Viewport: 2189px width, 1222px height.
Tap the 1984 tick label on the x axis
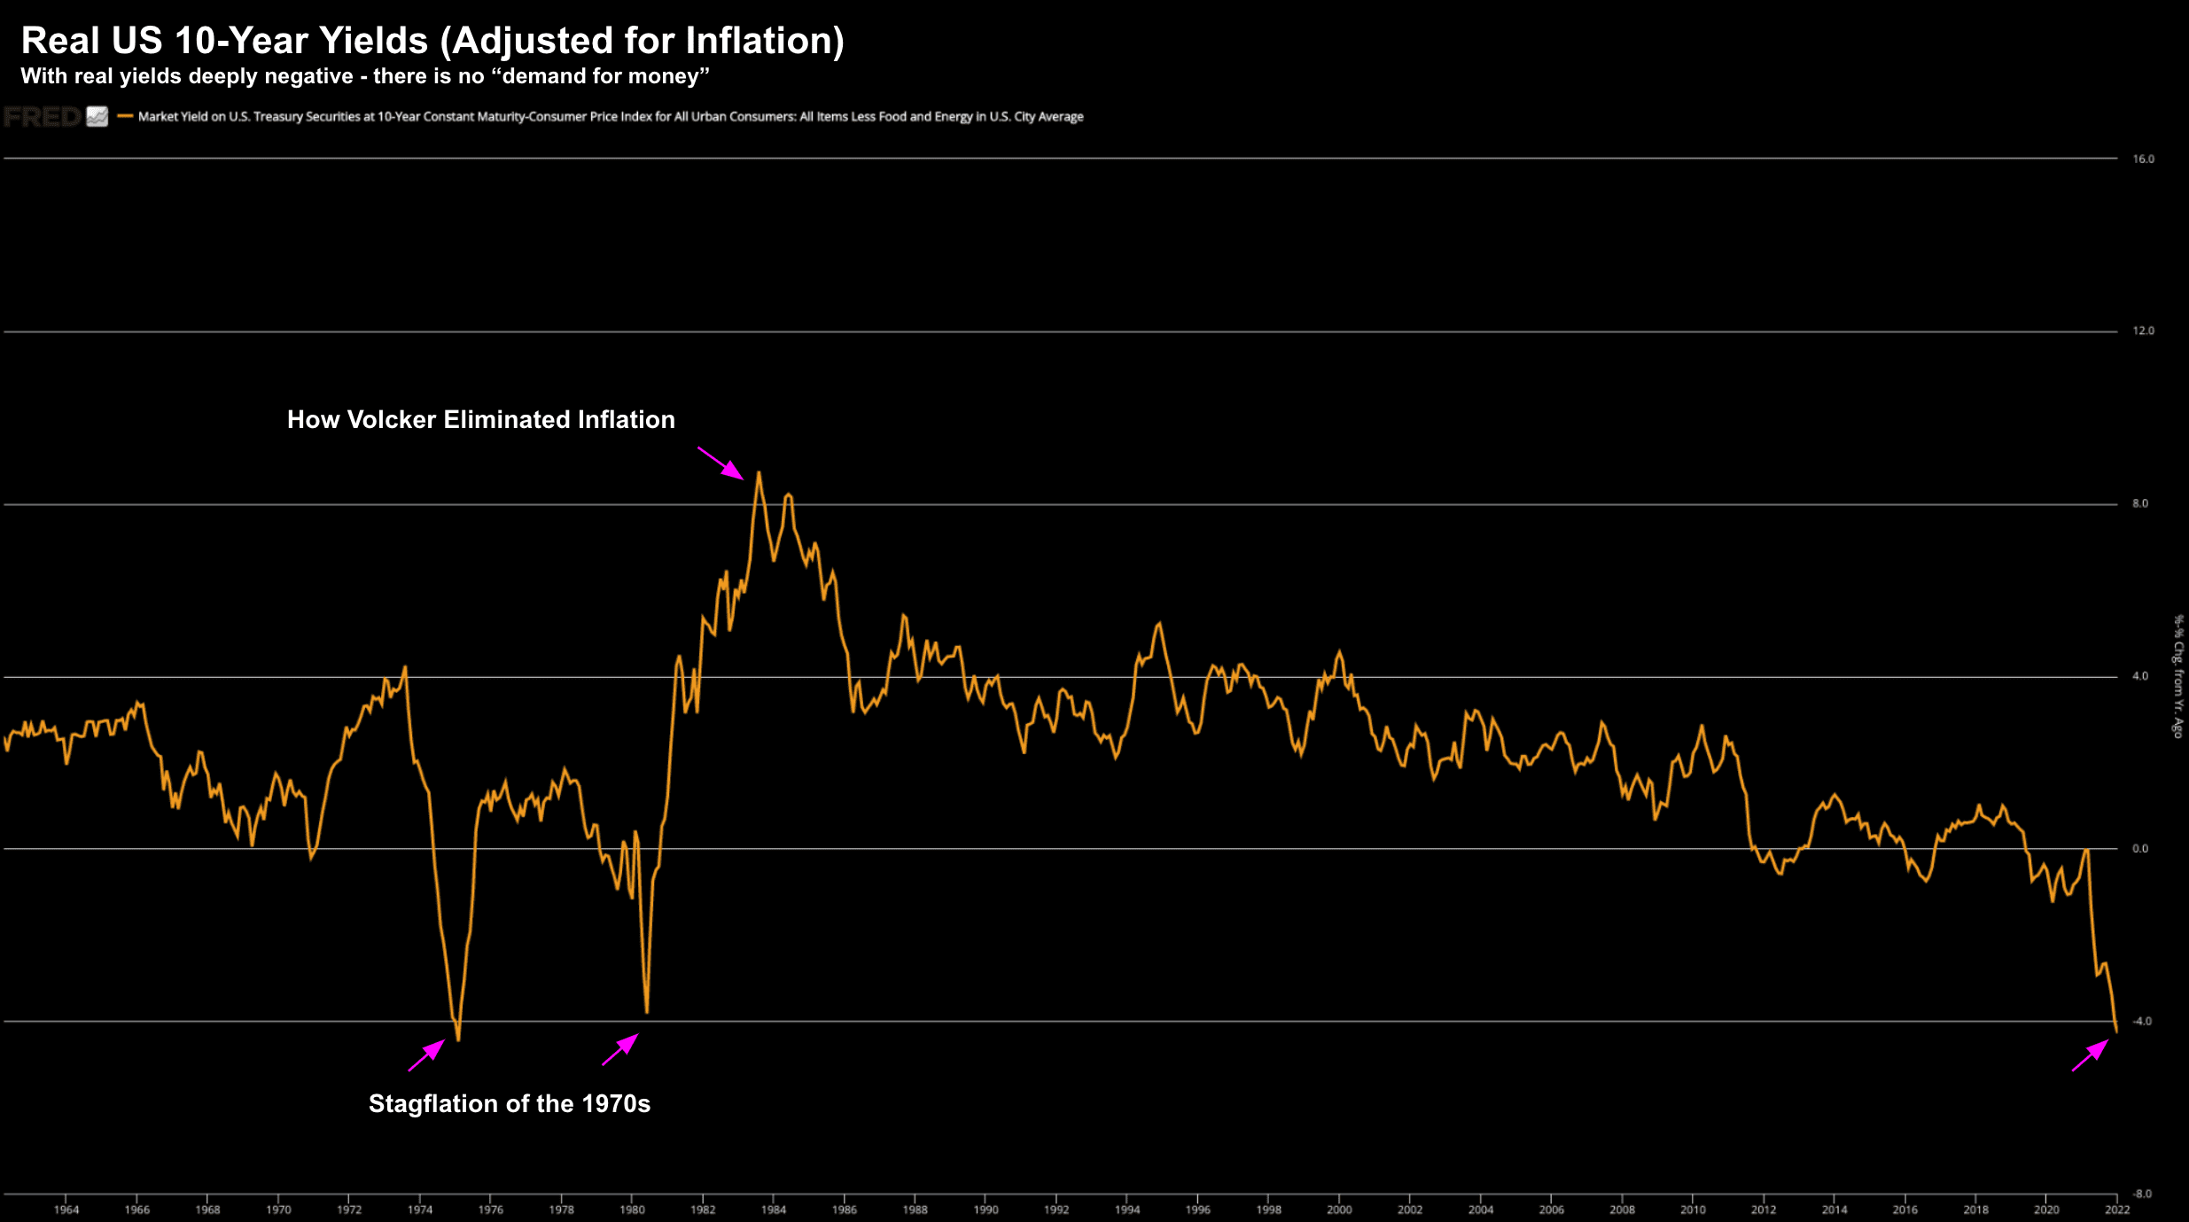(774, 1210)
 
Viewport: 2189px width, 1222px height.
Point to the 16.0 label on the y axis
(2143, 160)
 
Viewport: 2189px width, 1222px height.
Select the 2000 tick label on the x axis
(1339, 1210)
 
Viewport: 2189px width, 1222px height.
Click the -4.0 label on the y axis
(2141, 1022)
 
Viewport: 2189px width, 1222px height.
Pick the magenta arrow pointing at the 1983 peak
(721, 463)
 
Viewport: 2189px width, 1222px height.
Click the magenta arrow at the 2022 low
(2091, 1055)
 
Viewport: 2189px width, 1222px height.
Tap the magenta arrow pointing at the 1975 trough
(426, 1055)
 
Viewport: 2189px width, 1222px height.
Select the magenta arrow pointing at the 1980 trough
(620, 1049)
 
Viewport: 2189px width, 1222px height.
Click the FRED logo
(42, 117)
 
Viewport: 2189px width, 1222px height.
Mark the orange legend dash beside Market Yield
(125, 116)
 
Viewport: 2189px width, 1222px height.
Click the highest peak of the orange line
(759, 474)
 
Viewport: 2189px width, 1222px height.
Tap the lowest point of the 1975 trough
(458, 1039)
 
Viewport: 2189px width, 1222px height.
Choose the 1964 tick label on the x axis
(66, 1210)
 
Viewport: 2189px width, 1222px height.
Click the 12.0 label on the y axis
(2143, 331)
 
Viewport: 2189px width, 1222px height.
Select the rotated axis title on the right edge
(2177, 676)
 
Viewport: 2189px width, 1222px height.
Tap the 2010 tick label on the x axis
(1693, 1210)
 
